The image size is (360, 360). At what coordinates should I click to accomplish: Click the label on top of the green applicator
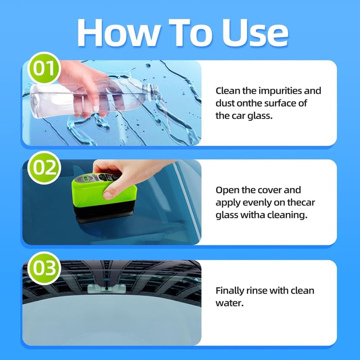pos(85,179)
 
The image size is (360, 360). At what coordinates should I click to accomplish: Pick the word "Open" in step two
pos(227,190)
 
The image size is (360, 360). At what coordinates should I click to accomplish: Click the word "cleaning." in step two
pos(288,215)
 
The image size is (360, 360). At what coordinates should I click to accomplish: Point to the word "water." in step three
pos(229,303)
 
